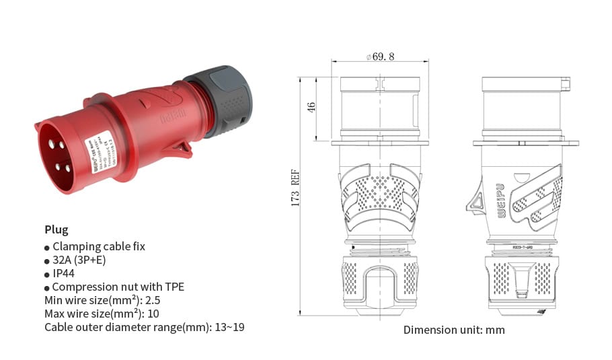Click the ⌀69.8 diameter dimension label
(x=380, y=57)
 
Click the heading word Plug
(x=56, y=229)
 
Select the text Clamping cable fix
(x=98, y=246)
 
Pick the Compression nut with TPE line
(x=118, y=287)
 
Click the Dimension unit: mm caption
(x=454, y=330)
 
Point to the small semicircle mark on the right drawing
(x=521, y=178)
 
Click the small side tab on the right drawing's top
(x=566, y=84)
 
